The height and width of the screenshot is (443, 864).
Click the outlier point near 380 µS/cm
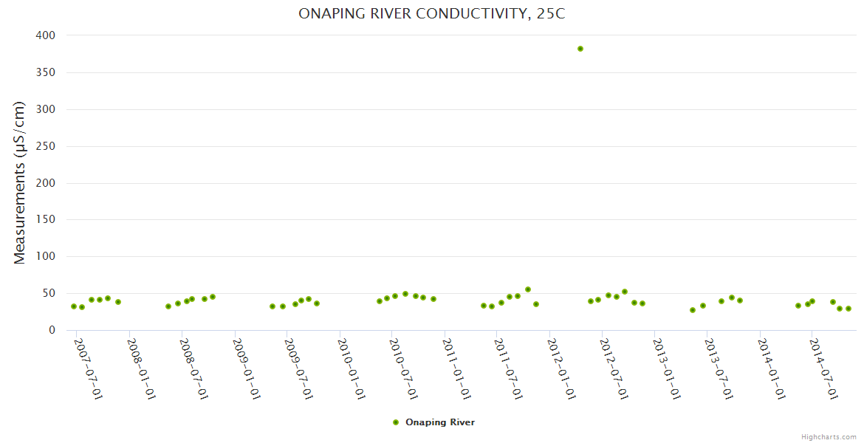(580, 49)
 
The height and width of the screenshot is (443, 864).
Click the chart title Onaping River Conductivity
(432, 13)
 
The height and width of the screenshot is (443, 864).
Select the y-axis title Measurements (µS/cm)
(20, 183)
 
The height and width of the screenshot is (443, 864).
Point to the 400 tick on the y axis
(45, 35)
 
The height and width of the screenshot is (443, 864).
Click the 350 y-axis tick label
(45, 72)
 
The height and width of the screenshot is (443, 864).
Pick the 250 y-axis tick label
(45, 146)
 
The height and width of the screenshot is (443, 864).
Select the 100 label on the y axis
(45, 256)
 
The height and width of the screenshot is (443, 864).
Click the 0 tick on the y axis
(52, 330)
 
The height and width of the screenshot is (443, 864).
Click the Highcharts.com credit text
(829, 437)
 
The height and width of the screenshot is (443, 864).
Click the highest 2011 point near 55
(528, 289)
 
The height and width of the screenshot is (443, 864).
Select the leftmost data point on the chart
(74, 306)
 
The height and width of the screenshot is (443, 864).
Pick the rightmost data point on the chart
(848, 309)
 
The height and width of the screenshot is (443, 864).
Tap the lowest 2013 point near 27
(693, 310)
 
